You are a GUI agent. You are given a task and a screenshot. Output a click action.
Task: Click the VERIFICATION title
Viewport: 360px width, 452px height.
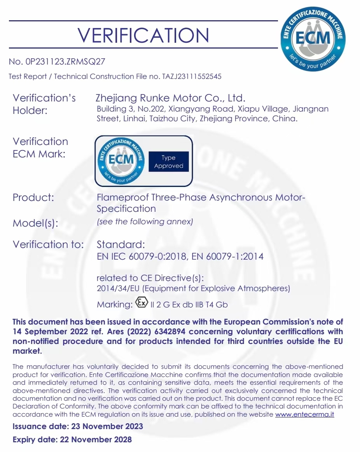(x=143, y=35)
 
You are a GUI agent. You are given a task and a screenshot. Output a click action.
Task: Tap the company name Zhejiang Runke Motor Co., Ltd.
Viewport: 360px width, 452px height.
(x=171, y=98)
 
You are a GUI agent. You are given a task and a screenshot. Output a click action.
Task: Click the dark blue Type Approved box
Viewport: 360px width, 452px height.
(x=168, y=162)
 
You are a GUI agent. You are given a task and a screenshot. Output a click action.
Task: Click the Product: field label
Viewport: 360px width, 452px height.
(x=33, y=197)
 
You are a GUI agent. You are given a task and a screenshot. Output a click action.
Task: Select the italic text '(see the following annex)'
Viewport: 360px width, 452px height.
(x=145, y=222)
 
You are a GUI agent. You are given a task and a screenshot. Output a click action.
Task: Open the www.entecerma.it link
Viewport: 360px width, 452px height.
(x=304, y=414)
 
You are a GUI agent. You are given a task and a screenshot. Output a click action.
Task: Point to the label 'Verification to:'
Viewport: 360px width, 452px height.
(x=48, y=245)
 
